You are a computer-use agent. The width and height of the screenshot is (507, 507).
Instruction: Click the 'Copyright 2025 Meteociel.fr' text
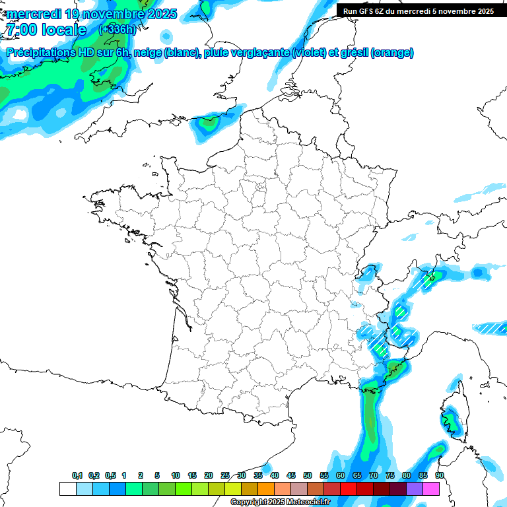click(x=280, y=502)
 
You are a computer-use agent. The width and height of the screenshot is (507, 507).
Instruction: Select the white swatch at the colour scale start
click(x=67, y=489)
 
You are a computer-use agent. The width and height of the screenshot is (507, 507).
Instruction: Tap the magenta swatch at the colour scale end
click(x=431, y=489)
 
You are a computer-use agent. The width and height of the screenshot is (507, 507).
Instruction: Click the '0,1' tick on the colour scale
click(x=77, y=475)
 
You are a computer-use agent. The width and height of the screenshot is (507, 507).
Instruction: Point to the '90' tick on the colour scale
click(x=439, y=475)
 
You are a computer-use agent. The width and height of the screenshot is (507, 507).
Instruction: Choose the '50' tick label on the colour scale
click(x=308, y=475)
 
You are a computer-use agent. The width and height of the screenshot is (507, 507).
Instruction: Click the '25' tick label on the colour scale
click(x=225, y=475)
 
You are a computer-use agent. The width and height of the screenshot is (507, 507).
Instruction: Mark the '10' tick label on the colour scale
click(x=176, y=475)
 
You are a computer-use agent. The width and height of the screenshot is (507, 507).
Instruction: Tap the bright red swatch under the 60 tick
click(x=349, y=489)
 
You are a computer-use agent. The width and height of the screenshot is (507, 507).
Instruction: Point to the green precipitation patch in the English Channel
click(x=209, y=122)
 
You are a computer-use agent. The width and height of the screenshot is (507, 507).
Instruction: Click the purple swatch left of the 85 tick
click(x=415, y=489)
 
